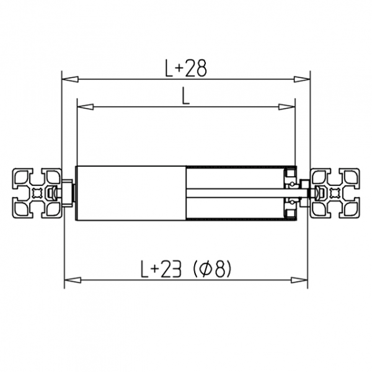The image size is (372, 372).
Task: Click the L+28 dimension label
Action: pos(185,70)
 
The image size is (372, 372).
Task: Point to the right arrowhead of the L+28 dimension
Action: pos(302,80)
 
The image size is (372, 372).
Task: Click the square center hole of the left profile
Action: pos(37,193)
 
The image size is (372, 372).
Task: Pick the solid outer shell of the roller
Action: pos(130,193)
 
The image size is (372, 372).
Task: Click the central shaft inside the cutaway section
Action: pos(242,193)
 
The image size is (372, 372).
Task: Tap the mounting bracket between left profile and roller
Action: pos(67,193)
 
